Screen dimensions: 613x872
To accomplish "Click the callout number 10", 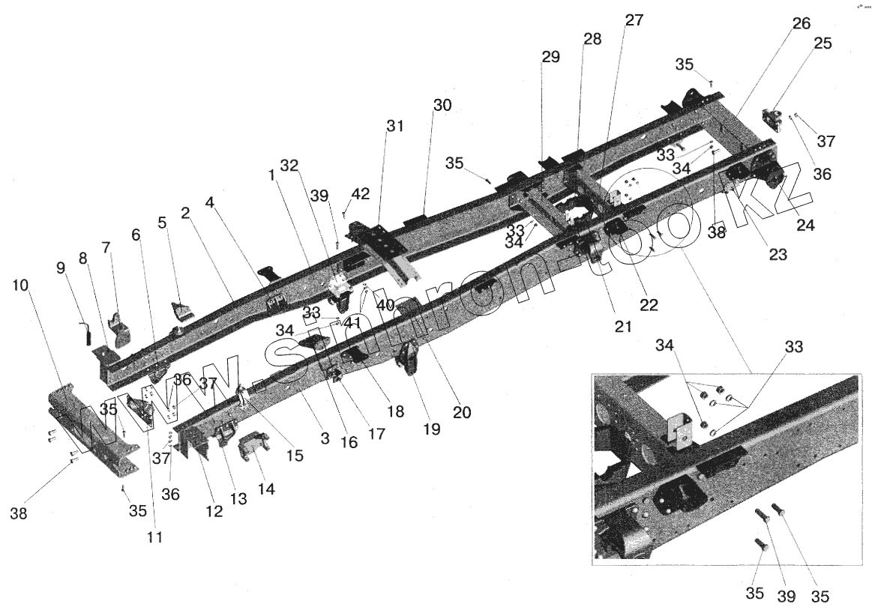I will (x=21, y=285).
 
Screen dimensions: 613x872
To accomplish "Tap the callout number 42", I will (x=361, y=193).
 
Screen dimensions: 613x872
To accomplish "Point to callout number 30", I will (x=442, y=106).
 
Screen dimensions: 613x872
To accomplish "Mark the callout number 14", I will (x=266, y=489).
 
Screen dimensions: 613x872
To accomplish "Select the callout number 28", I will (x=592, y=40).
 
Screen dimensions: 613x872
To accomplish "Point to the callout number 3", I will (x=324, y=438).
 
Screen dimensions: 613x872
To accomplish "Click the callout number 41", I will (x=353, y=323).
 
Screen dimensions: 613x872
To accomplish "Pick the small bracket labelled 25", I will (x=771, y=119).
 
